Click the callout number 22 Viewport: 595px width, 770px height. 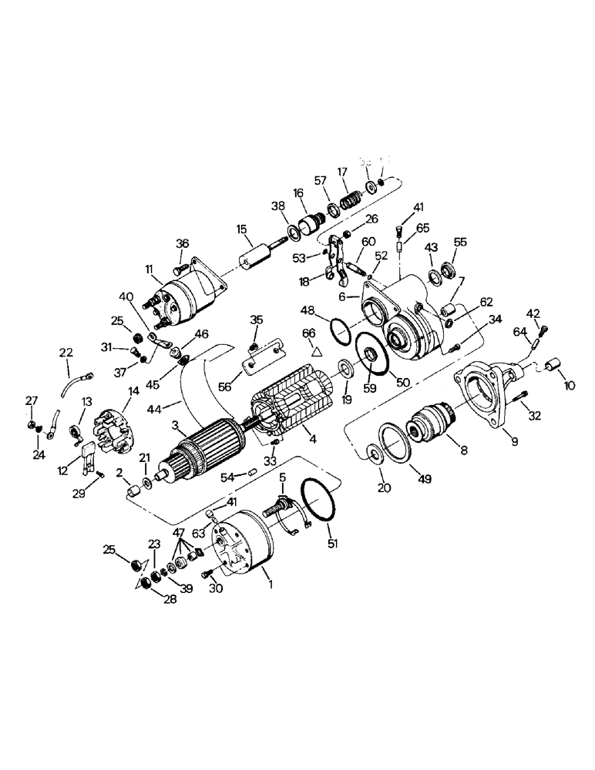coord(66,352)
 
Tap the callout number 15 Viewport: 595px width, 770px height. coord(242,229)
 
